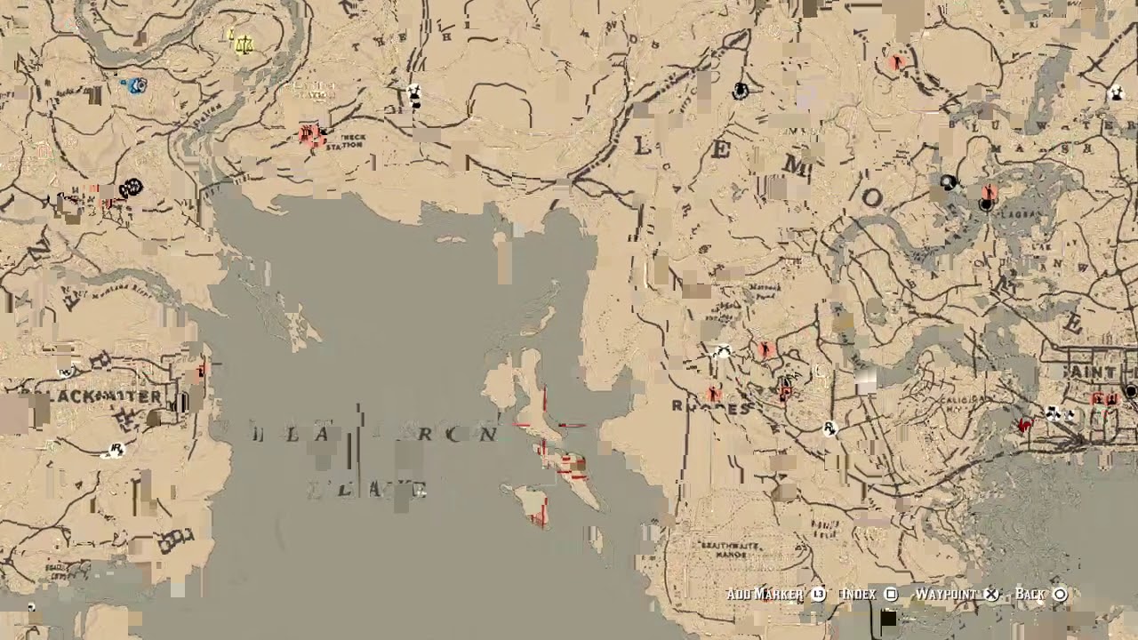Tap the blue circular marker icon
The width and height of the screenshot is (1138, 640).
(x=136, y=85)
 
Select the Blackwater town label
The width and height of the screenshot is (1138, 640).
(x=93, y=396)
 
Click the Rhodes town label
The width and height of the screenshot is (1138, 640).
(x=711, y=408)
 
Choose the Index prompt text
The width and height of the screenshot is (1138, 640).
(x=858, y=594)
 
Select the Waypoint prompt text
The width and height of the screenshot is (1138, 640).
(x=947, y=594)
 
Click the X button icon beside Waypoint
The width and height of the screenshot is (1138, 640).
(x=991, y=594)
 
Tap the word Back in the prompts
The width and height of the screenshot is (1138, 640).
(x=1030, y=594)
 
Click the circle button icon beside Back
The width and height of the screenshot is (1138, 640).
(x=1060, y=594)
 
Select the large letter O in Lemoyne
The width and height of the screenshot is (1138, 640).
(x=870, y=197)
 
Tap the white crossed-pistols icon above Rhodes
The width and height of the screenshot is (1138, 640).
(x=722, y=353)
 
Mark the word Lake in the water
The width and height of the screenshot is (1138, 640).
(x=366, y=489)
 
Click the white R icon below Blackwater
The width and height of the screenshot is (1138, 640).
(x=115, y=450)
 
